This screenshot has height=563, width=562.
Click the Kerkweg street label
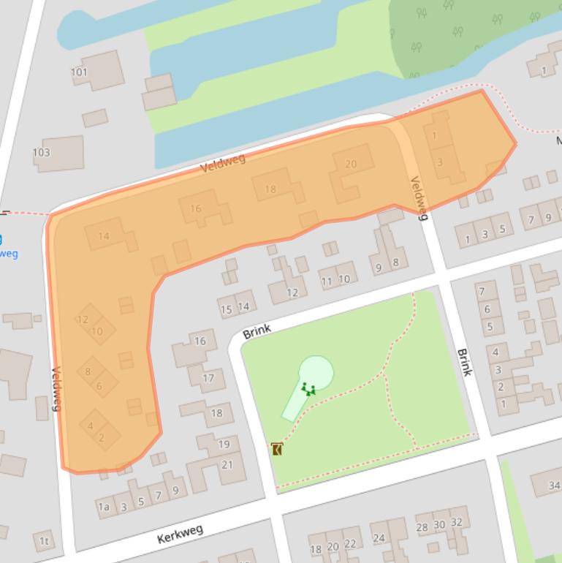pos(180,534)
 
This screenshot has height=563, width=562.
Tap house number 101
pos(79,72)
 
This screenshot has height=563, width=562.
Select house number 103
pos(42,152)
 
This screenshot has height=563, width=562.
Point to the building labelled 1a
pos(104,507)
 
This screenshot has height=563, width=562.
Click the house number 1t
pos(44,542)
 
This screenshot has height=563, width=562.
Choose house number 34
pos(554,485)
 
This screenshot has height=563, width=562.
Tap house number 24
pos(379,538)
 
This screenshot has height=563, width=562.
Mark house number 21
pos(227,464)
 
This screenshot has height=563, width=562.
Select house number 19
pos(224,444)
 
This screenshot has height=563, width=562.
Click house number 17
pos(208,378)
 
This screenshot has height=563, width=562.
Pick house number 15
pos(227,309)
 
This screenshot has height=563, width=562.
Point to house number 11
pos(327,281)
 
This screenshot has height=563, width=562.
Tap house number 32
pos(457,522)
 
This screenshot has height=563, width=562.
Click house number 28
pos(422,526)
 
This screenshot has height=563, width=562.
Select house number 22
pos(350,543)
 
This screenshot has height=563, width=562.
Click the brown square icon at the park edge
pos(277,449)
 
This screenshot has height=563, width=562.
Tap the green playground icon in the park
pos(308,389)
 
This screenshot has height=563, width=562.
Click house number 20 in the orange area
pos(351,164)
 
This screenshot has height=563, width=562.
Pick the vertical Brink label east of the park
pos(464,362)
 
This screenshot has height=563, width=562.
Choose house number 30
pos(439,524)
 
